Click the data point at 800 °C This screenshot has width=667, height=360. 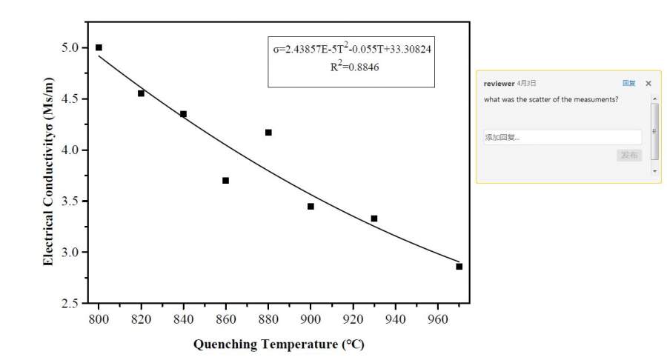coord(99,47)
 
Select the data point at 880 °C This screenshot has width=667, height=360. coord(268,133)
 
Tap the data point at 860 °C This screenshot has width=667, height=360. coord(225,181)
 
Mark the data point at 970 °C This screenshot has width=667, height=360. coord(459,267)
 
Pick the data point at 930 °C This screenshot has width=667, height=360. coord(374,219)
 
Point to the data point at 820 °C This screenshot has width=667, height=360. coord(141,93)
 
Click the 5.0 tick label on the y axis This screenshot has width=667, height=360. coord(72,47)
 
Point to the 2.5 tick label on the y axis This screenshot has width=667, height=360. coord(72,304)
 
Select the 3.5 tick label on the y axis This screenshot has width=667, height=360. coord(72,201)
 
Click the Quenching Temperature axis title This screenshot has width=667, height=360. coord(279,345)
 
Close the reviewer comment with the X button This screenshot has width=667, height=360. coord(648,84)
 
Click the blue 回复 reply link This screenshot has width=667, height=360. coord(628,84)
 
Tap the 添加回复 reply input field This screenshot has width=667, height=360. coord(562,137)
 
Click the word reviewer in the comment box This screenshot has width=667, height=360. coord(499,84)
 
